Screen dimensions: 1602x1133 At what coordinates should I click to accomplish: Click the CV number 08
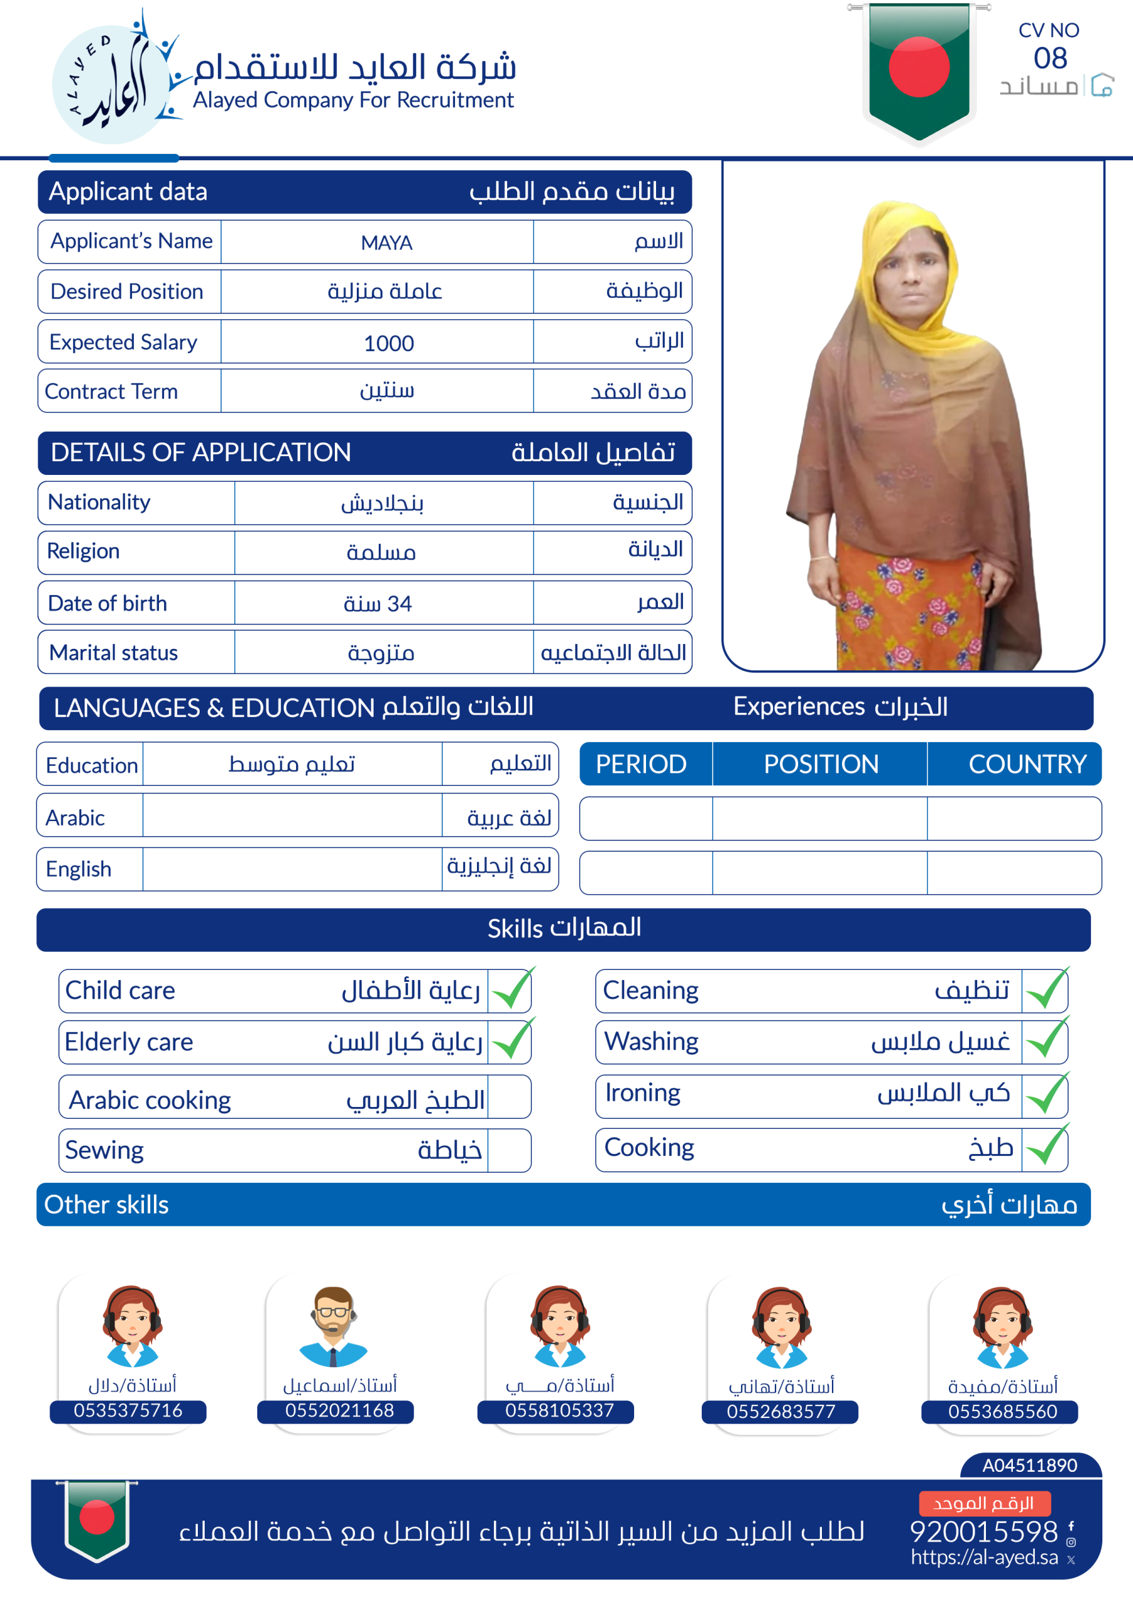tap(1050, 59)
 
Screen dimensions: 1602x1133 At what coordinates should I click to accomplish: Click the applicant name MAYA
tap(386, 243)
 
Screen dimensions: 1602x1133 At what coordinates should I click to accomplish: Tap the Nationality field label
tap(99, 503)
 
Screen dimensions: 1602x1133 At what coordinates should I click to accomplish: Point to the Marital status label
tap(113, 653)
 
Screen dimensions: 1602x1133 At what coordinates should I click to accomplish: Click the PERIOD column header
tap(641, 764)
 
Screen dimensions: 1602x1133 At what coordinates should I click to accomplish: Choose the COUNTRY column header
tap(1027, 764)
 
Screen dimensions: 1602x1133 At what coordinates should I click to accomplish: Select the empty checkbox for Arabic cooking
tap(509, 1098)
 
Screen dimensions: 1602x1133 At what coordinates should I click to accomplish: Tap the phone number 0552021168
tap(339, 1410)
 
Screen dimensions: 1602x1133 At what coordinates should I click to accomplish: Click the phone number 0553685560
tap(1002, 1412)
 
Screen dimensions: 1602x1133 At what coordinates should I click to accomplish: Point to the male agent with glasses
tap(333, 1325)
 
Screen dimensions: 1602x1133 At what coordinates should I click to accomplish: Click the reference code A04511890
tap(1030, 1465)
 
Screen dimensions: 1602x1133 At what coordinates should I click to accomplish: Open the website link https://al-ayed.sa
tap(984, 1558)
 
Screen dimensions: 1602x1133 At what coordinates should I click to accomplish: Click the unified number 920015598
tap(983, 1531)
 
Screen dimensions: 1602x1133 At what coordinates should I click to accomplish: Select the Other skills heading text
tap(106, 1205)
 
